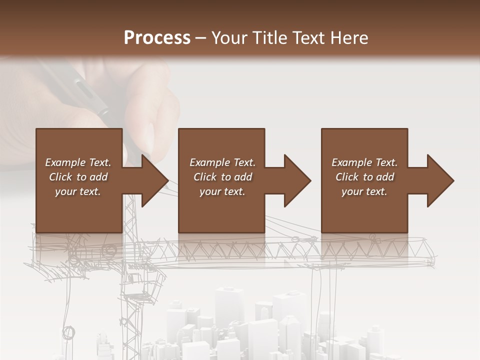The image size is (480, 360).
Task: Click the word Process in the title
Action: coord(157,38)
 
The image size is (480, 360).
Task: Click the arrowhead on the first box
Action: coord(154,180)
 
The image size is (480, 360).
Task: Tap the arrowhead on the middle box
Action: coord(297,180)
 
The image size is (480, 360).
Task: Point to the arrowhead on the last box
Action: coord(440,180)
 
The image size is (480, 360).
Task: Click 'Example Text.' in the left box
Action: coord(78,162)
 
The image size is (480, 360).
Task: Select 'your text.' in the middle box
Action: coord(222,191)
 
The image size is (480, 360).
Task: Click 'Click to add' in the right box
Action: coord(365,177)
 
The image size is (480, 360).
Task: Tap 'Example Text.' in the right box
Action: coord(364,162)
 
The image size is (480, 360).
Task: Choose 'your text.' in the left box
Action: coord(78,191)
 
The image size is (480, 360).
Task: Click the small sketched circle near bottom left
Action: coord(68,332)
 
